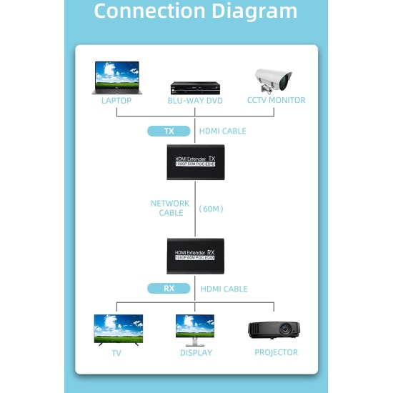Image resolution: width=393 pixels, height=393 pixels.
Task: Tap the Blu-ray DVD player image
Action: pos(195,86)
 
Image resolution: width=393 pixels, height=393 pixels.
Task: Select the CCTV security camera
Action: pos(275,79)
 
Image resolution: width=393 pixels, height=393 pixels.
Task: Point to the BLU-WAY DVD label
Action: pos(195,101)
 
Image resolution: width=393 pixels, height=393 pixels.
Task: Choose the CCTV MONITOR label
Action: pos(276,101)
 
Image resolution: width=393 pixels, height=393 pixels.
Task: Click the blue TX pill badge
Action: pos(169,131)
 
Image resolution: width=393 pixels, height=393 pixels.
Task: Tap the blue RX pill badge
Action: pos(169,289)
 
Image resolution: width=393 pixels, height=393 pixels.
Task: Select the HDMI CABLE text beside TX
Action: pos(223,131)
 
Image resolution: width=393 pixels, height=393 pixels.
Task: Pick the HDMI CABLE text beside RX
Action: pos(224,289)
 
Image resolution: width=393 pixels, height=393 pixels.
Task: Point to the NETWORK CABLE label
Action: pos(170,208)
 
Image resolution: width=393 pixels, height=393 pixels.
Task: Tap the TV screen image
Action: pos(119,329)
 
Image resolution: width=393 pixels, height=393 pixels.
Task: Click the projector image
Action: pos(274,330)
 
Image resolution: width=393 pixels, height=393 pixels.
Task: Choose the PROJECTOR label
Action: pos(276,352)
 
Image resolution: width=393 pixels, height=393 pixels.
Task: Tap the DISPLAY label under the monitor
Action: pos(196,352)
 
